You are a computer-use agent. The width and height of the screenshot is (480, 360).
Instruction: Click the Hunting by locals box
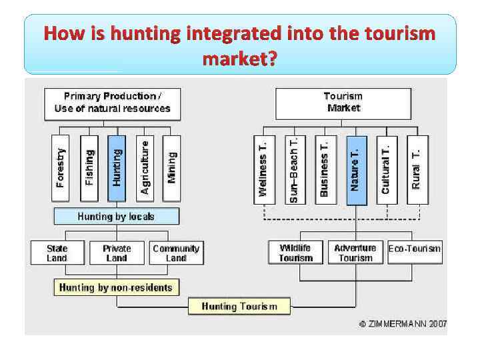pos(116,217)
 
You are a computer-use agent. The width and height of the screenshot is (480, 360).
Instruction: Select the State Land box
pos(57,253)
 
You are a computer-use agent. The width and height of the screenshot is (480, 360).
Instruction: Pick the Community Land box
pos(176,253)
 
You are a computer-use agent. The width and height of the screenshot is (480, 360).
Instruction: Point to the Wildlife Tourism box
pos(295,253)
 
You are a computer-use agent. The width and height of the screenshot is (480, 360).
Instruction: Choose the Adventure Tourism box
pos(355,253)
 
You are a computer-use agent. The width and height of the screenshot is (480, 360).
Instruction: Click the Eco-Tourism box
pos(414,249)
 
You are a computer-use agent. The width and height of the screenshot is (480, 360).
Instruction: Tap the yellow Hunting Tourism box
pos(238,306)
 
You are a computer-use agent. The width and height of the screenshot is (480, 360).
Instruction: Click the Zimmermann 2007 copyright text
pos(403,324)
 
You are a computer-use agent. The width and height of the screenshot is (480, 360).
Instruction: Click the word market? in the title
pos(239,59)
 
